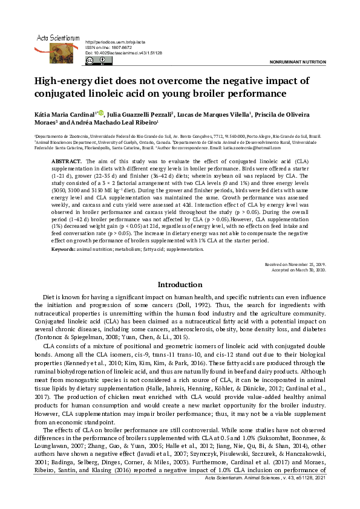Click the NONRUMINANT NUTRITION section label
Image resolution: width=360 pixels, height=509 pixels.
[292, 62]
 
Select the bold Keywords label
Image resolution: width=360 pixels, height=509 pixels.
[62, 250]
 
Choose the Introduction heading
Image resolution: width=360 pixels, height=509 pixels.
[179, 284]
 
